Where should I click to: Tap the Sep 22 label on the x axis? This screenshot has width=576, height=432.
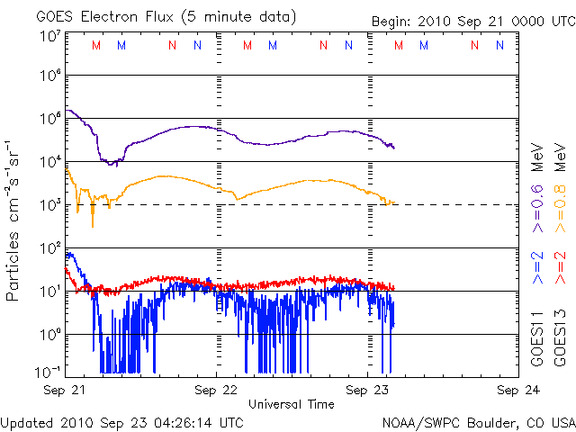(216, 391)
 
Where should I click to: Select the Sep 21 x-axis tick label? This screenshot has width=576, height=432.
(65, 391)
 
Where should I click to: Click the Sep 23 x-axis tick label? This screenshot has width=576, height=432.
(368, 391)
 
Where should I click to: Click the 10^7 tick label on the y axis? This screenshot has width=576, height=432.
(49, 36)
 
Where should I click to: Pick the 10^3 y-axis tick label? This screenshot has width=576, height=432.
(49, 203)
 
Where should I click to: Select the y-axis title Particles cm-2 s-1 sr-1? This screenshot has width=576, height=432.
(14, 220)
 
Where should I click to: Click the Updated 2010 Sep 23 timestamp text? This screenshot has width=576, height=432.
(122, 421)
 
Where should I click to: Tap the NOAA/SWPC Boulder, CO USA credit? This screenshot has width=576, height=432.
(478, 421)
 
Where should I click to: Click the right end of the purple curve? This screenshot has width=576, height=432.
(393, 147)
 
